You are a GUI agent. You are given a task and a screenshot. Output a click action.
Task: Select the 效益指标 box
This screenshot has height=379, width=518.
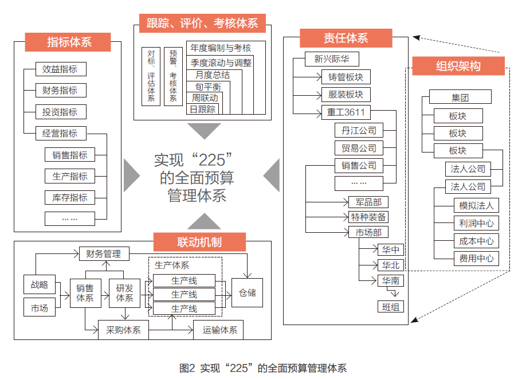(60, 69)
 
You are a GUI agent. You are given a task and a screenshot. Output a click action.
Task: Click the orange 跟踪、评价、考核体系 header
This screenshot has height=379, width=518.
(202, 23)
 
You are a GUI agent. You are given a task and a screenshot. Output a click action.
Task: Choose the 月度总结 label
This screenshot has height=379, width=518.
(211, 75)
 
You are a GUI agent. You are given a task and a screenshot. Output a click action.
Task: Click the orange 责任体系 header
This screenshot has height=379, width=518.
(346, 38)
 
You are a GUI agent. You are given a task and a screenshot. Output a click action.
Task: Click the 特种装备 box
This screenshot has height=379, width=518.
(368, 217)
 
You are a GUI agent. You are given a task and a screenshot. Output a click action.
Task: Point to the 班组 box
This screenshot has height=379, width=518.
(390, 306)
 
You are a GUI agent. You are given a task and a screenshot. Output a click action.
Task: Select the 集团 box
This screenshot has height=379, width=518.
(460, 97)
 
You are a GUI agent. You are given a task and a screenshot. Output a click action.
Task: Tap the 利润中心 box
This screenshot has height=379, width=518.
(476, 223)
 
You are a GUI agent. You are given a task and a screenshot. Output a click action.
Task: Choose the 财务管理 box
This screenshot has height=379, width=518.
(104, 253)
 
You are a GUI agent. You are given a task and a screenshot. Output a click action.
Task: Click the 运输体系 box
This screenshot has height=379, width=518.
(219, 330)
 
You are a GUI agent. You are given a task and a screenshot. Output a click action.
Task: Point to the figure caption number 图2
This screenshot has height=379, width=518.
(187, 368)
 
